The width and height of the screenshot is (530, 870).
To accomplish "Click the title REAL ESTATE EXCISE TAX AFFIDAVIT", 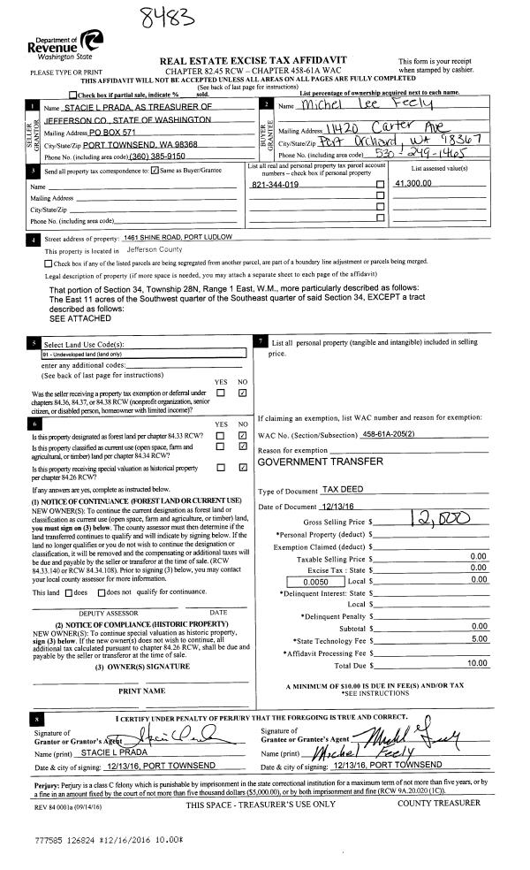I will [253, 59].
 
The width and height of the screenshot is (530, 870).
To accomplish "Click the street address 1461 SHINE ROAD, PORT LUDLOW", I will [178, 238].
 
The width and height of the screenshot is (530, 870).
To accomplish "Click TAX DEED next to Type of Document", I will [343, 489].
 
